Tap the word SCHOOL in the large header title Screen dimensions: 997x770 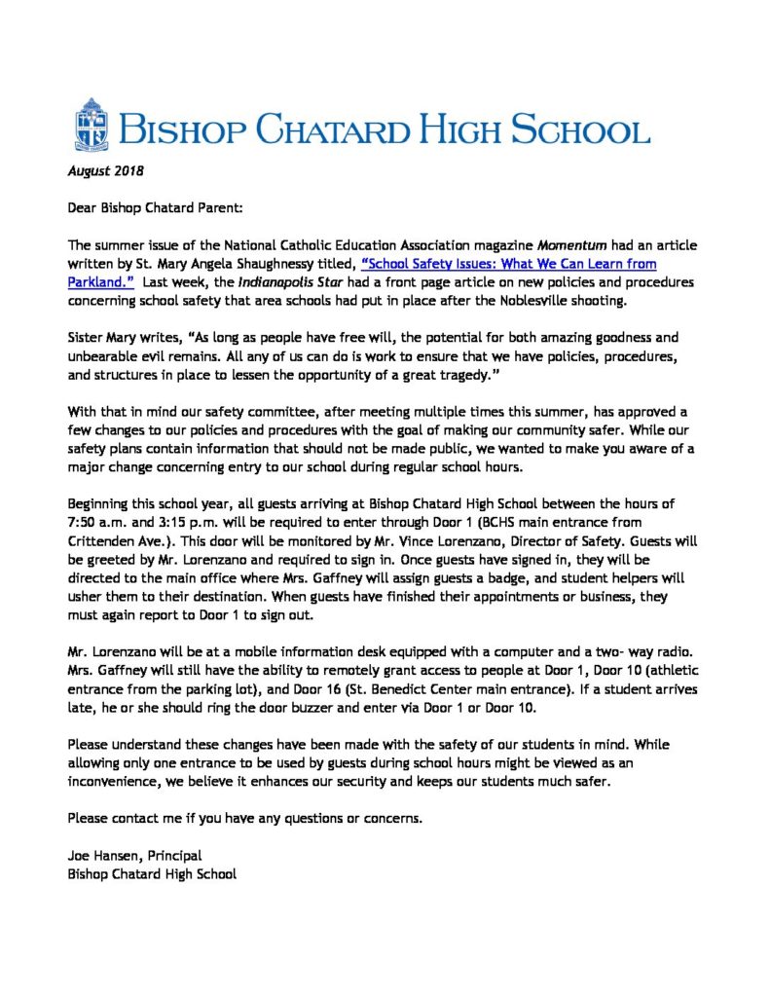578,129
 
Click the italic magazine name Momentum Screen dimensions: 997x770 540,245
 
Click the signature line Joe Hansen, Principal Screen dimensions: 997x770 134,855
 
